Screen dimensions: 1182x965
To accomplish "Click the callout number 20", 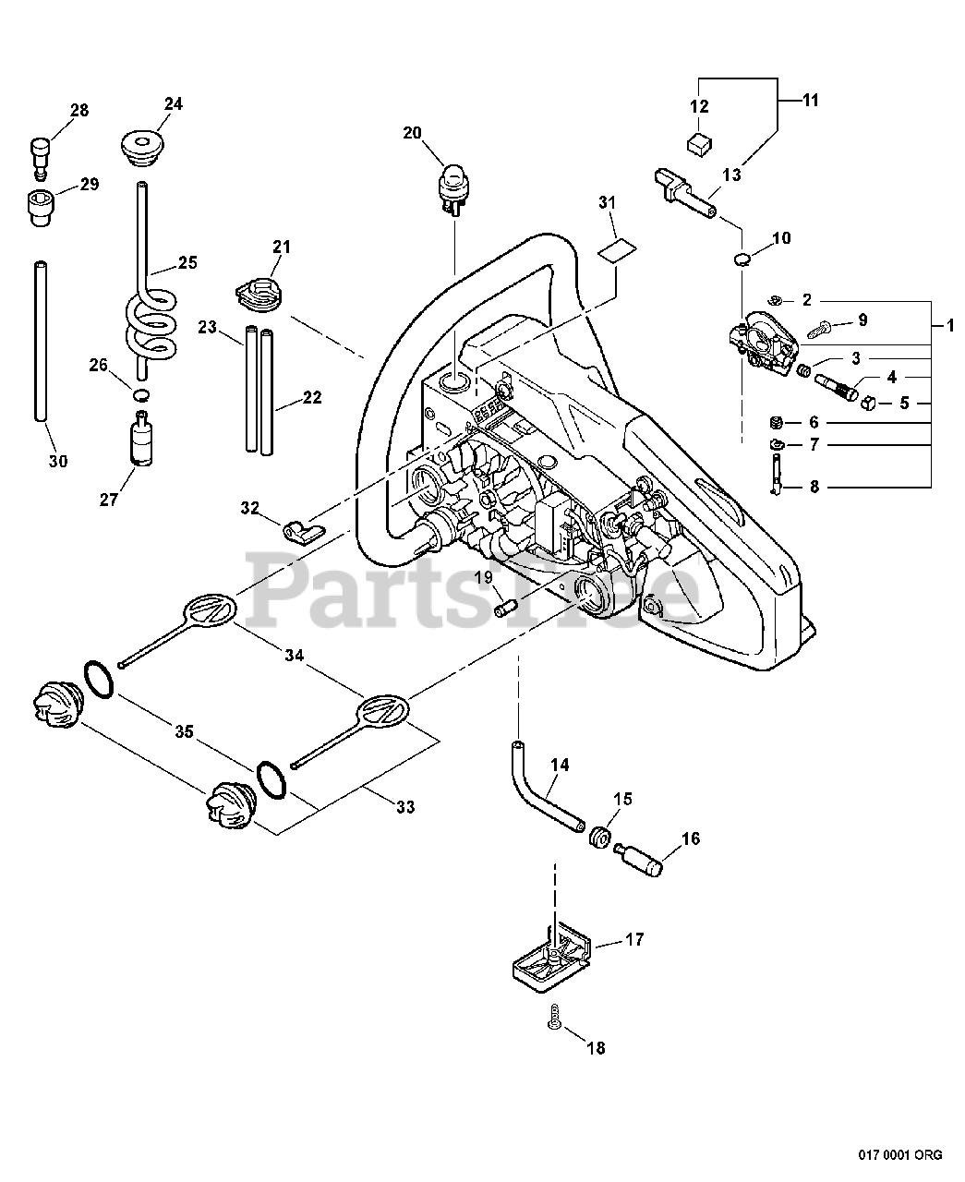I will point(412,133).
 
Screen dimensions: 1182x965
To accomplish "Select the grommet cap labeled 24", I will point(144,149).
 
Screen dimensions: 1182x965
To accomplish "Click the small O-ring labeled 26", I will point(140,394).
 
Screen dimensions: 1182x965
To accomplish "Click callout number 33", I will point(404,807).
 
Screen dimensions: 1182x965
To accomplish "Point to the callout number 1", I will point(950,325).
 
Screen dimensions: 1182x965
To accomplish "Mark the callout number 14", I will point(560,765).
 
